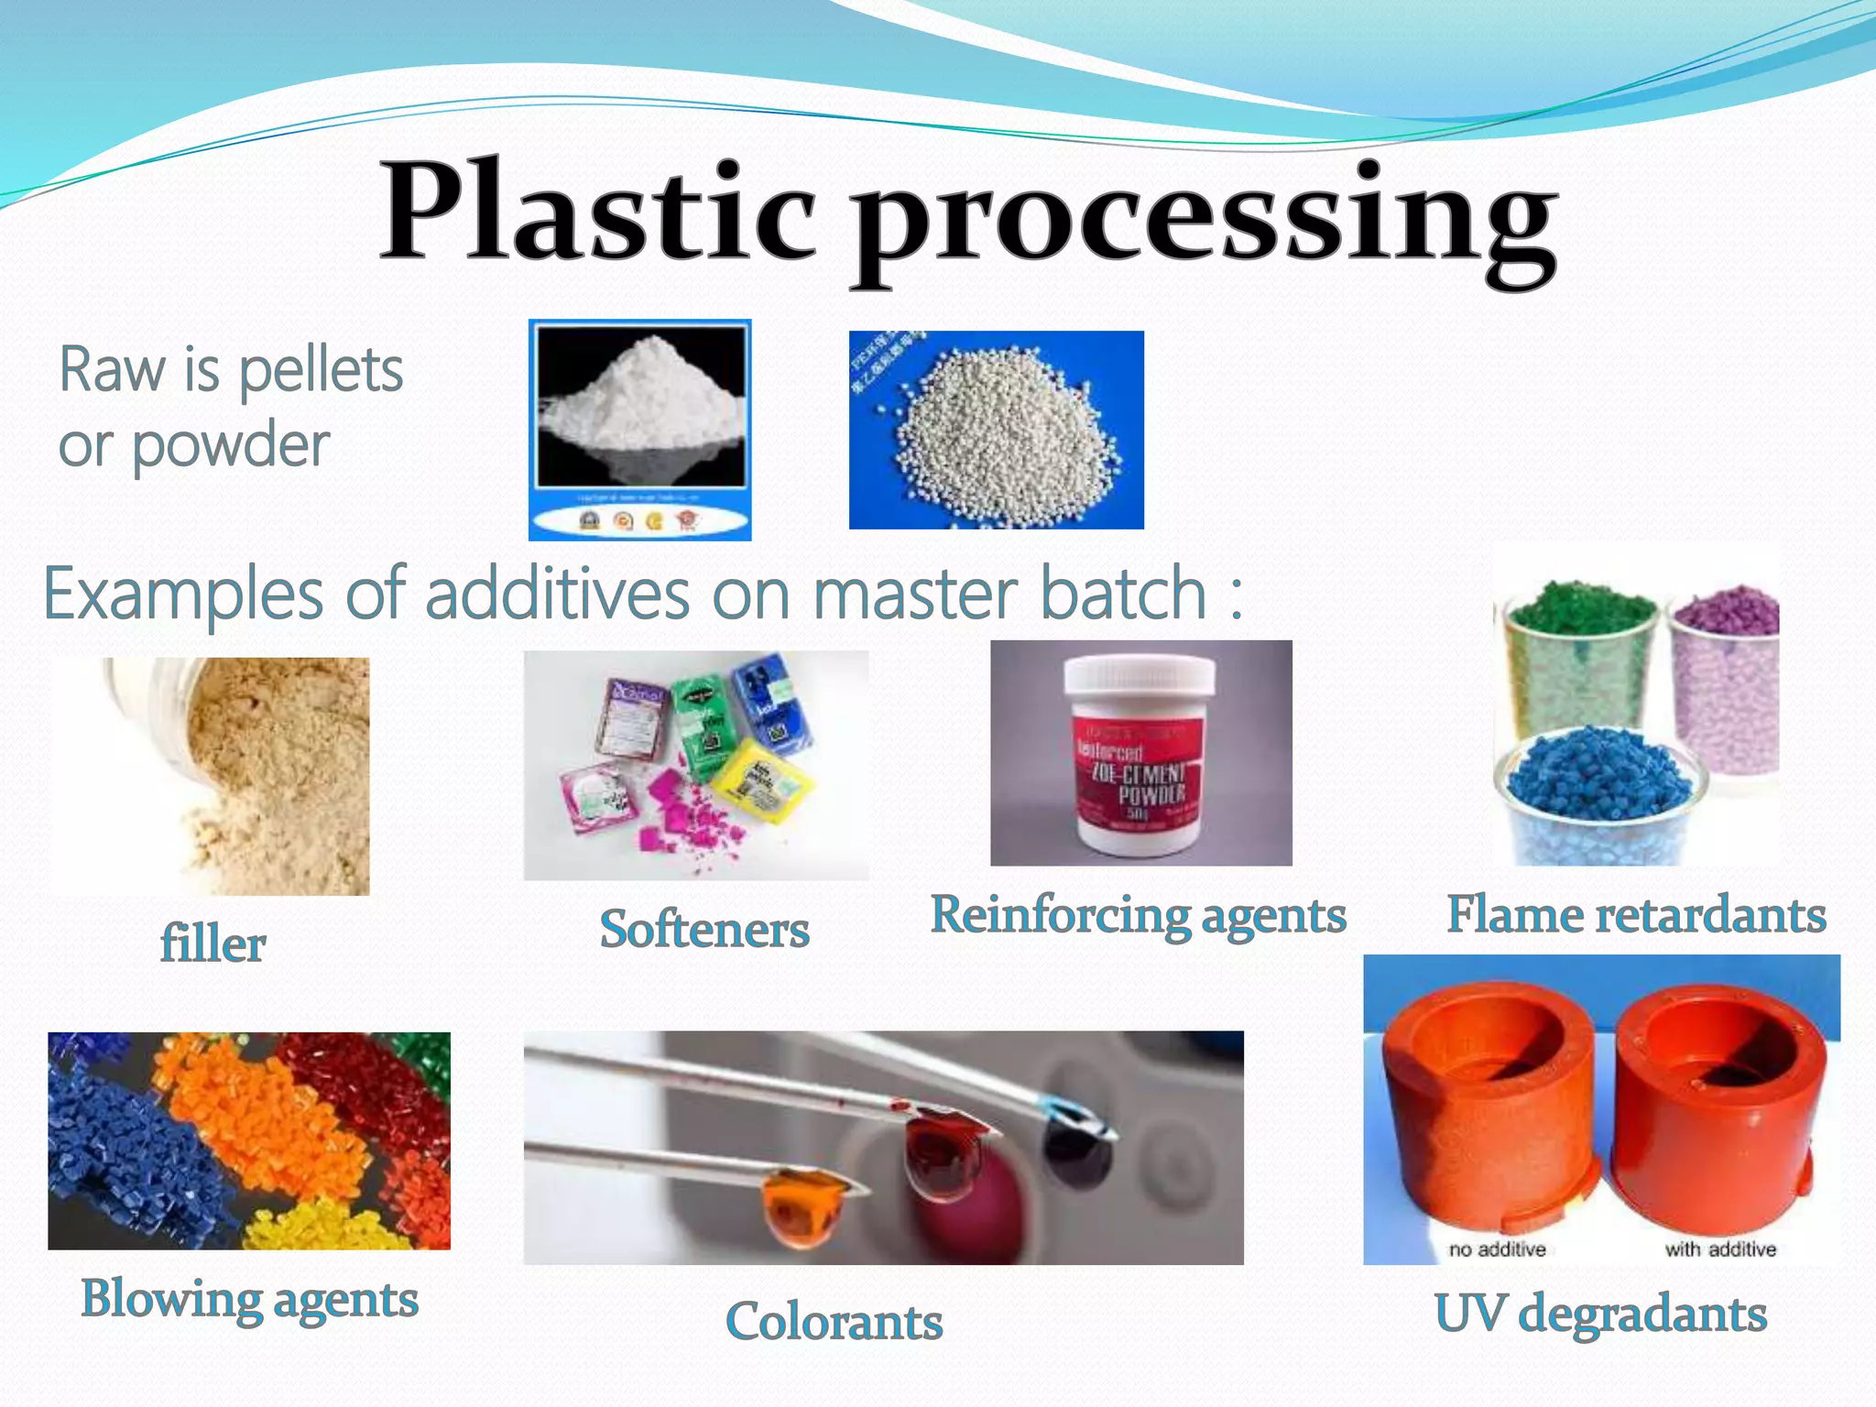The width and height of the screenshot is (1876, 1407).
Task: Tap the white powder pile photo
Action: pos(639,429)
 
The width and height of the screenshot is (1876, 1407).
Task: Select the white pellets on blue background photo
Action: pos(996,430)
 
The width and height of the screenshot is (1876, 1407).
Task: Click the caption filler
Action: pos(213,943)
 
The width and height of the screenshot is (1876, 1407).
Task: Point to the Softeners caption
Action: pos(703,929)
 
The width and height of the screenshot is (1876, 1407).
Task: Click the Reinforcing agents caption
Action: pos(1138,914)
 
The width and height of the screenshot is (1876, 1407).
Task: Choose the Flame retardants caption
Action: pos(1636,914)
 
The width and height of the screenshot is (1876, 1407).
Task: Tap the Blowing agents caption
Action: pos(249,1299)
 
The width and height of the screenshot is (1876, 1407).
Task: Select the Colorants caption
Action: pos(834,1321)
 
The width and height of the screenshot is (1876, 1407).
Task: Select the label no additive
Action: pos(1497,1249)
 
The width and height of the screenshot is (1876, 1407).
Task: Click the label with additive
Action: pos(1719,1249)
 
